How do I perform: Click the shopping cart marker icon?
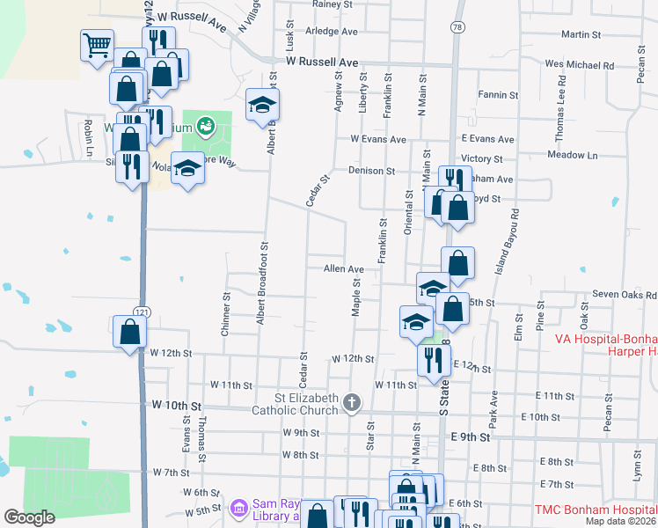point(98,44)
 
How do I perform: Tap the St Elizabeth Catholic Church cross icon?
point(351,403)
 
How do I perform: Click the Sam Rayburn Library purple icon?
point(238,508)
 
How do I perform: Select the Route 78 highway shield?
point(457,28)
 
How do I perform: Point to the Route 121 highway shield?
point(142,312)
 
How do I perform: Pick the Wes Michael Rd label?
point(579,65)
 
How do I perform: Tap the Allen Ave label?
point(343,269)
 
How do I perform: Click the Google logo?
point(29,517)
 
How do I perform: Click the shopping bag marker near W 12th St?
point(129,332)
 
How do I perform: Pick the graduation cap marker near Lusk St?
point(260,105)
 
